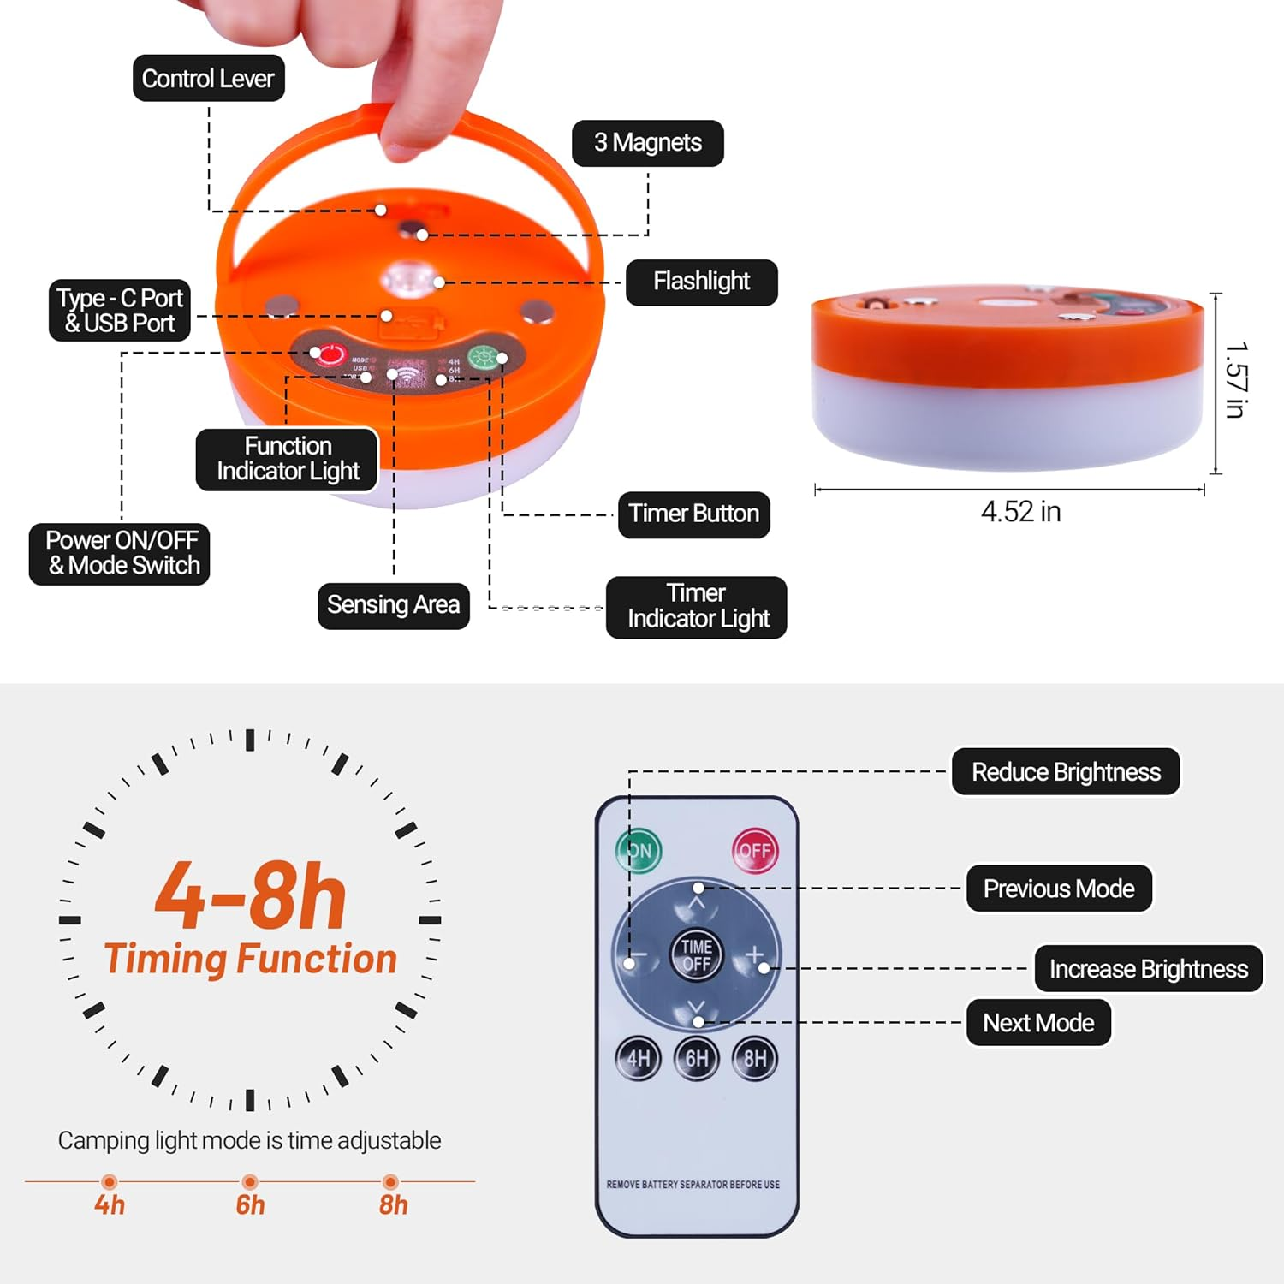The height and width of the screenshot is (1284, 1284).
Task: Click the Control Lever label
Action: pos(208,79)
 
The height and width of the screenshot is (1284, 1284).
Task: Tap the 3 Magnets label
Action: pos(648,143)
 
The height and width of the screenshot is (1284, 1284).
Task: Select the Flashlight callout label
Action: pos(701,282)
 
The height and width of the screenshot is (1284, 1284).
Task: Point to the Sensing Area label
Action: pos(393,605)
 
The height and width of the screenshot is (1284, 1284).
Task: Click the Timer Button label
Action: pos(693,514)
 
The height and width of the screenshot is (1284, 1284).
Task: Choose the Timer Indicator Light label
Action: pos(697,606)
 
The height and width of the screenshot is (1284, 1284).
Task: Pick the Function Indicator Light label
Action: pos(288,459)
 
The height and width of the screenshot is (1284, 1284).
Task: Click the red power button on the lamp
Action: pos(330,354)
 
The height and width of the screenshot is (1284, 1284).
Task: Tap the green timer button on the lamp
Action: pos(483,358)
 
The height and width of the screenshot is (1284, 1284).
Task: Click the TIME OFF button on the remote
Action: pos(697,954)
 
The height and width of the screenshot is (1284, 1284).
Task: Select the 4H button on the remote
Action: pos(639,1059)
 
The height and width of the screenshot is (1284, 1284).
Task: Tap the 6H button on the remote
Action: pos(697,1059)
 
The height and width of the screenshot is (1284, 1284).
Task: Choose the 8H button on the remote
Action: pos(755,1059)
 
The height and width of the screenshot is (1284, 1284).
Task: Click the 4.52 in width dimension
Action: pos(1020,512)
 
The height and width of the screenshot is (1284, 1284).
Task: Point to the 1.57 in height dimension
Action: pos(1234,380)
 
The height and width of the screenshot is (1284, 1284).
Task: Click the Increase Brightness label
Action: pos(1148,969)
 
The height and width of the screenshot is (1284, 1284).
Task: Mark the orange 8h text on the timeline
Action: pos(394,1205)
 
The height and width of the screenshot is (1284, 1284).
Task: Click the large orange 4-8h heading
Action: pos(250,896)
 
